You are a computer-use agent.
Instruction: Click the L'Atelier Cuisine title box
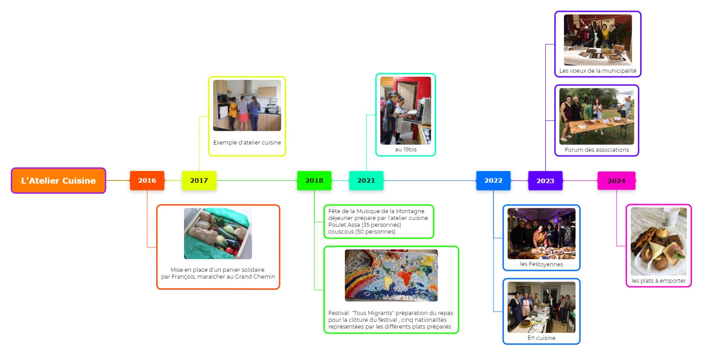coord(59,180)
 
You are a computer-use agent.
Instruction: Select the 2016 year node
coord(147,180)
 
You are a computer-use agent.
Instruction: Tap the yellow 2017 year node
coord(199,180)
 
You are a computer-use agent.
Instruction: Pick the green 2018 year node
coord(314,180)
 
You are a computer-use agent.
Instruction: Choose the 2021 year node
coord(366,180)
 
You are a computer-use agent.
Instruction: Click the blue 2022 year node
coord(493,180)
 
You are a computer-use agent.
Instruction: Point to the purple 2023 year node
coord(545,180)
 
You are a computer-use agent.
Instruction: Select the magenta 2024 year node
coord(616,180)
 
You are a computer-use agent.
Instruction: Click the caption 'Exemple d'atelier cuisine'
coord(247,143)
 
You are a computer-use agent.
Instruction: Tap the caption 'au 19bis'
coord(405,149)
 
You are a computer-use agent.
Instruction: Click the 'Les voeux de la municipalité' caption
coord(598,71)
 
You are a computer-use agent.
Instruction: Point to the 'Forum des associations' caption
coord(597,150)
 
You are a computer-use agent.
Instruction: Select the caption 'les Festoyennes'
coord(541,264)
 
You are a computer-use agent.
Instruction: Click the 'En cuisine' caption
coord(541,338)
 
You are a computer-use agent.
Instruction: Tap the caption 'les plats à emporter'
coord(658,280)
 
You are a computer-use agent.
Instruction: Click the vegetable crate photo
coord(218,234)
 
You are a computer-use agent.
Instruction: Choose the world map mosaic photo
coord(391,275)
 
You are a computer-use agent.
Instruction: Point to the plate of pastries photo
coord(658,241)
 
